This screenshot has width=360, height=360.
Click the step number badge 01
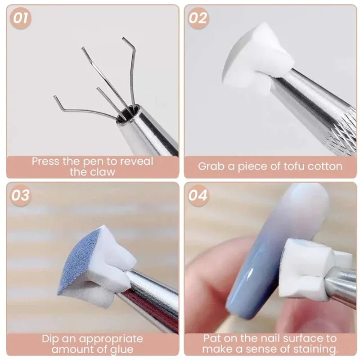point(21,18)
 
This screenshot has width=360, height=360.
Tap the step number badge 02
point(198,18)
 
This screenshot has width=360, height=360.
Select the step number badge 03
point(21,195)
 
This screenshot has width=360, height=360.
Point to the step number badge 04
point(198,195)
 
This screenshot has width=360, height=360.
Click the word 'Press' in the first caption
point(46,161)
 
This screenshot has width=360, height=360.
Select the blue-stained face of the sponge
point(83,263)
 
